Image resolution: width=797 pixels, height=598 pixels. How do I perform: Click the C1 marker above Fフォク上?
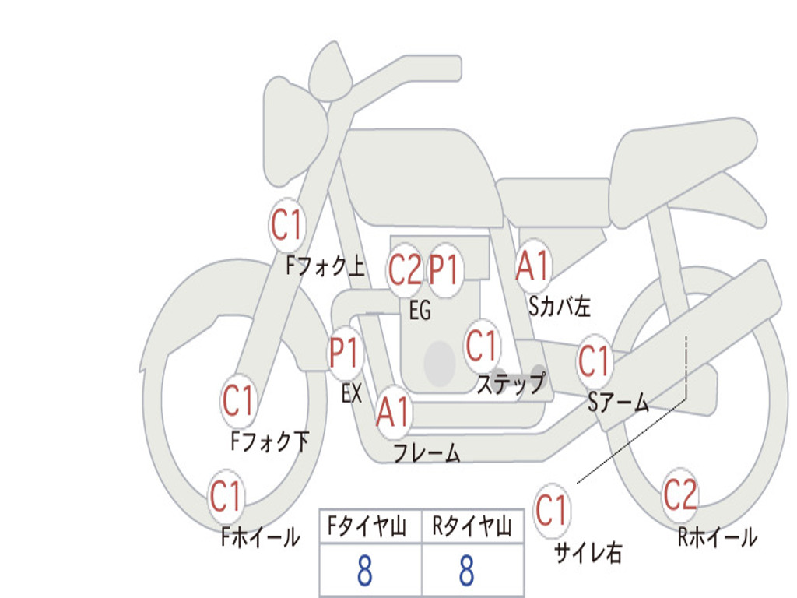tap(286, 226)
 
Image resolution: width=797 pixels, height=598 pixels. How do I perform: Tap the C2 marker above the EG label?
tap(405, 270)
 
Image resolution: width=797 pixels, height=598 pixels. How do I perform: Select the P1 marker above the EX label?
tap(345, 354)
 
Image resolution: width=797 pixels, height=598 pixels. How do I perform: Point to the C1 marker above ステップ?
tap(481, 345)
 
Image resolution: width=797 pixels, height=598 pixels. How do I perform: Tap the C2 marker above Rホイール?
tap(679, 494)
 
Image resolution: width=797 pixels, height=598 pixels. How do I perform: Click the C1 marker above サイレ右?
tap(551, 511)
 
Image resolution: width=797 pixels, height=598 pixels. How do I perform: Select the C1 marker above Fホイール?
tap(226, 496)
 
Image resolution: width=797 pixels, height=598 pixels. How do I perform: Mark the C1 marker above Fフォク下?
tap(238, 401)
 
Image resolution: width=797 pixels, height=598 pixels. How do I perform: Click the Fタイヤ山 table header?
tap(370, 528)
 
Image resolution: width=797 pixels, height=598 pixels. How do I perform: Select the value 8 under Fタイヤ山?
tap(364, 572)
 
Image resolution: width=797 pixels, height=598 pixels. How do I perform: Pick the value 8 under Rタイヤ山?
tap(466, 572)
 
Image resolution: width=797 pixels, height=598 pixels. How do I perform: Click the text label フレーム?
tap(427, 453)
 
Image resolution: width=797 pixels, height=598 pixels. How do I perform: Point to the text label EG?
tap(420, 311)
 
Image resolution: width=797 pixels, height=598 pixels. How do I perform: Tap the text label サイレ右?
tap(588, 553)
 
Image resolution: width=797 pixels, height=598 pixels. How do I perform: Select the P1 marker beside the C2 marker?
tap(444, 270)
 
